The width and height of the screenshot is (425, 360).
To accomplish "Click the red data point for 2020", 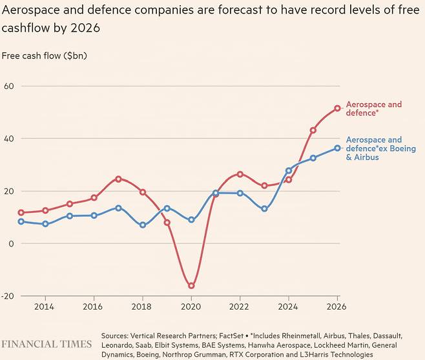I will point(191,286).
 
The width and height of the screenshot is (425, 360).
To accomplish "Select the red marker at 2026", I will point(337,108).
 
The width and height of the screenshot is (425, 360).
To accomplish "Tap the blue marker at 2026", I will point(337,148).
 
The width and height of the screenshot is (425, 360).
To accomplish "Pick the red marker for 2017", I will point(118,179).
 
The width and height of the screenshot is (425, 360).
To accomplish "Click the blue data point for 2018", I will point(143,225).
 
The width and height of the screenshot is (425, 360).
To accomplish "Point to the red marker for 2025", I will point(313,130).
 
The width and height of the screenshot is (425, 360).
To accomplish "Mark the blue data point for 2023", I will point(264,209).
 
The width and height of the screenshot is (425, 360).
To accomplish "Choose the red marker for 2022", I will point(240,174).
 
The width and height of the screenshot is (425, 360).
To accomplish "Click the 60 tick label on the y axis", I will point(9,86).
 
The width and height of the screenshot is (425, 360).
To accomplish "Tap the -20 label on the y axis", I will point(8,296).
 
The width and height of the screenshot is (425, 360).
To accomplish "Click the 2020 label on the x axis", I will point(191,308).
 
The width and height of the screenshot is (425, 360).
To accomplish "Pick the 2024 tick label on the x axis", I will point(289,308).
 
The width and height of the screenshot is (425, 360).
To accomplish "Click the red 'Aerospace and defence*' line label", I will point(373,108).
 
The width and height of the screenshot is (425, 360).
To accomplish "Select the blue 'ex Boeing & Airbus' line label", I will point(373,148).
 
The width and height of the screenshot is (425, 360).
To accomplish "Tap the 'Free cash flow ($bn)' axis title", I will point(44,55).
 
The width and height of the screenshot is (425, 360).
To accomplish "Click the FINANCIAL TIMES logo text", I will point(47,344).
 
